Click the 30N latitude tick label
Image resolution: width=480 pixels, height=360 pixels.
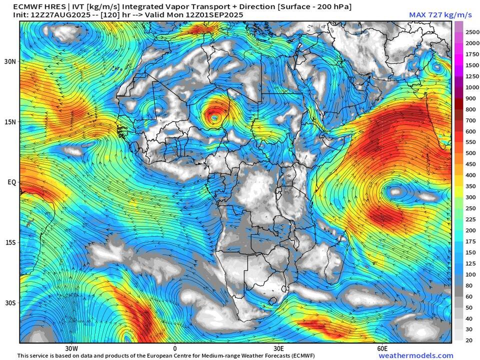[x=10, y=61]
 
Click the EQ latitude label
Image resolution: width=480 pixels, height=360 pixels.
[x=11, y=182]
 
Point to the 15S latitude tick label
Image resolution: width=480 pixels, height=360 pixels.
[x=10, y=242]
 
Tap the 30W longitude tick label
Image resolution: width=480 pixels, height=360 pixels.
[x=71, y=348]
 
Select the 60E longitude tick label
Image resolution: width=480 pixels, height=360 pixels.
[x=382, y=348]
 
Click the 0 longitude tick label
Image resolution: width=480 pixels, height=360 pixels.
[x=175, y=348]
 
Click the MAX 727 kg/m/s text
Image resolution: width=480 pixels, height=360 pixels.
[x=440, y=15]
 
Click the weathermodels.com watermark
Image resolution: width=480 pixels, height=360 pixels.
[x=416, y=356]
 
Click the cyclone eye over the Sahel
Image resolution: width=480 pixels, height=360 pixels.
[x=214, y=117]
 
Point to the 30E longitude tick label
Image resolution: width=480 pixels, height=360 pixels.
[x=278, y=348]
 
